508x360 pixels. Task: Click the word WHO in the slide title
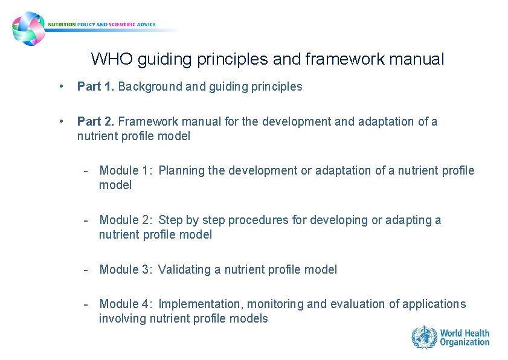point(112,59)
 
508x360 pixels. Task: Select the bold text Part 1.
point(96,86)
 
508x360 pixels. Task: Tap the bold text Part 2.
point(96,121)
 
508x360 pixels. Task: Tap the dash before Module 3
point(87,269)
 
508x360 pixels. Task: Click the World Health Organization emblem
point(424,337)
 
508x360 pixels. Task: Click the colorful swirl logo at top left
point(28,28)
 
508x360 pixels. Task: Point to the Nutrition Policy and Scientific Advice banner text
point(106,25)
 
